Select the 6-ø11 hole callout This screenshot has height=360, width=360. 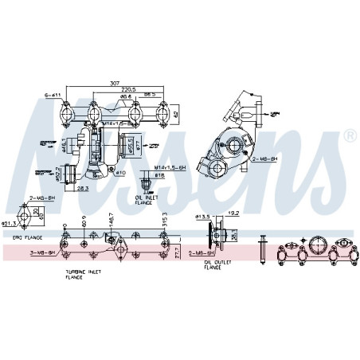pos(53,96)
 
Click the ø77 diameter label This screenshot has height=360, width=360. pos(136,145)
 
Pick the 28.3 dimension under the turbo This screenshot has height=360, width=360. pos(84,189)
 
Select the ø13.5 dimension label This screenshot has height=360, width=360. pos(204,215)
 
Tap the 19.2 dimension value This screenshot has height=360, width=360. pos(233,213)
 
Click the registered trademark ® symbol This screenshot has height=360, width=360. pos(350,138)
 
